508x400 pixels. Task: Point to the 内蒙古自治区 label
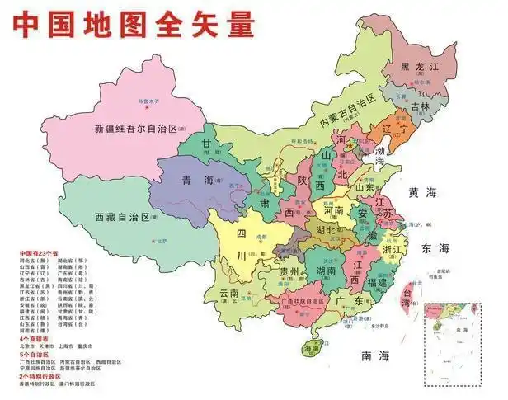point(348,111)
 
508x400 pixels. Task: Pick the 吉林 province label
point(420,106)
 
